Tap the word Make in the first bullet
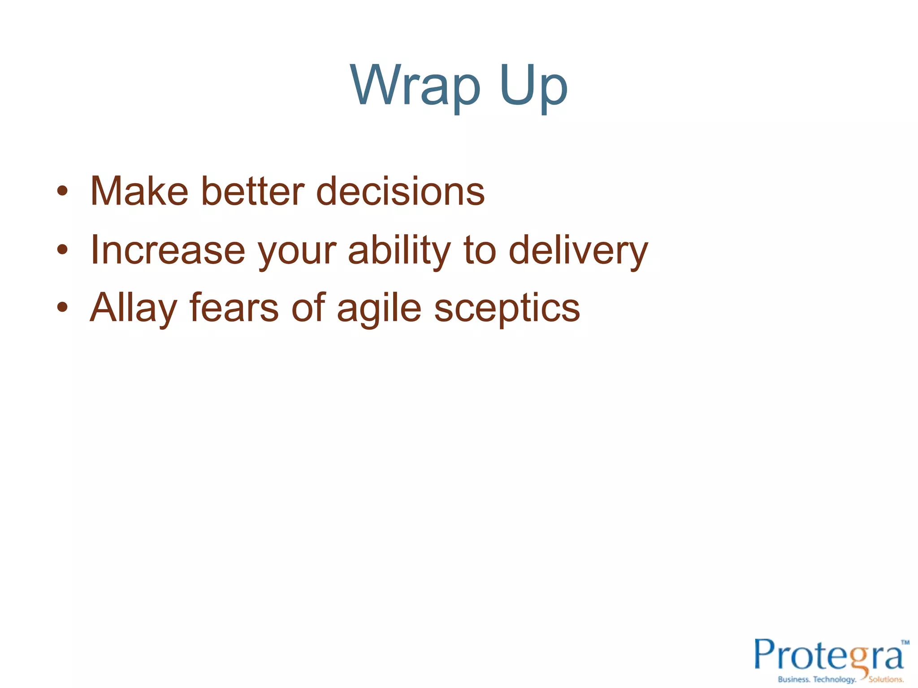(139, 191)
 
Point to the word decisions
(400, 191)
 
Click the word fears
(234, 308)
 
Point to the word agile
(379, 309)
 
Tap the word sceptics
(507, 309)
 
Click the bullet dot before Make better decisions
(62, 192)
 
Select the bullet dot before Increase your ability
(62, 250)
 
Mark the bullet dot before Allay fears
(62, 308)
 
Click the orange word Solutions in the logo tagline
(886, 679)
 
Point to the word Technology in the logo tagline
(834, 679)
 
